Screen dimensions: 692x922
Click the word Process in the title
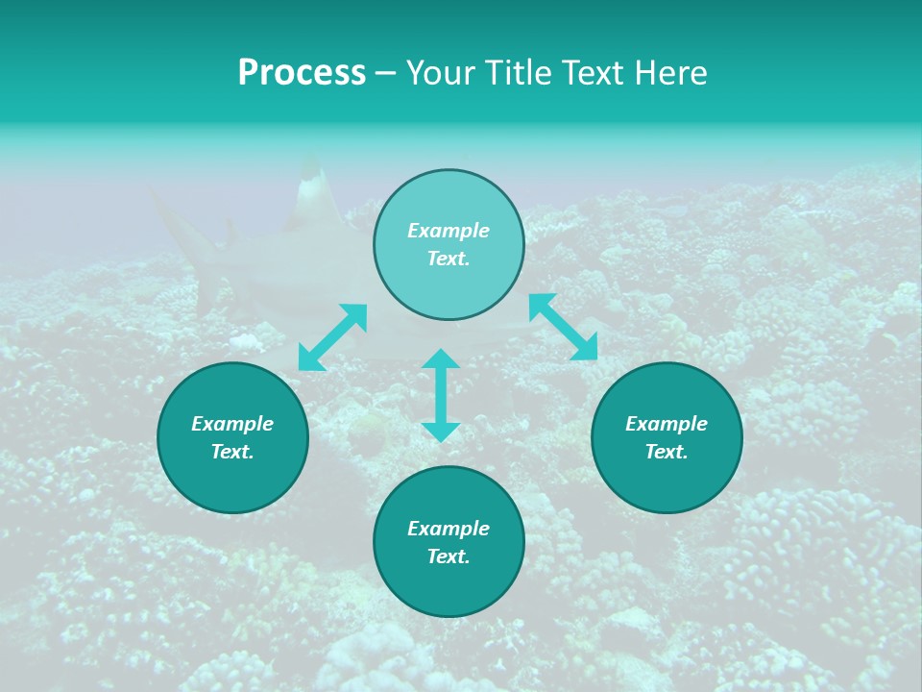(302, 73)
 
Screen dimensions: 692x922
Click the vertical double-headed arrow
(441, 395)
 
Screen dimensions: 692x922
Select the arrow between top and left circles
(332, 337)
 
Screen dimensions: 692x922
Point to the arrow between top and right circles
(563, 327)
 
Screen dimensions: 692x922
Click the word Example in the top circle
(449, 231)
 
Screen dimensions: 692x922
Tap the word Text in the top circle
(449, 259)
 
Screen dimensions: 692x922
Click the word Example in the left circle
(232, 424)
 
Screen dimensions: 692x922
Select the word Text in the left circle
(232, 452)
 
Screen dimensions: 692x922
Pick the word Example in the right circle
(667, 424)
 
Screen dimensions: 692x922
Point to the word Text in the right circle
(667, 452)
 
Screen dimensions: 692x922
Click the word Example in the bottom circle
(449, 529)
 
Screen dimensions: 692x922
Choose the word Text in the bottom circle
(449, 556)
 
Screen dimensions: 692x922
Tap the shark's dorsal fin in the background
(312, 192)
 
